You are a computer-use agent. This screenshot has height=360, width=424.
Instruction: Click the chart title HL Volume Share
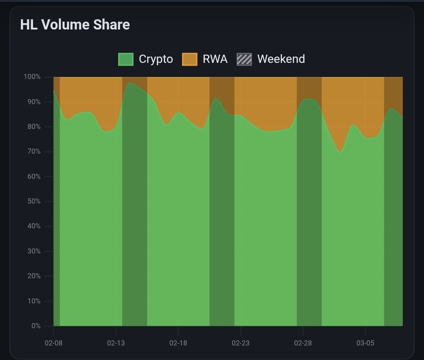(75, 25)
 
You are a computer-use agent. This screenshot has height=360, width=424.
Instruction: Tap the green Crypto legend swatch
(126, 59)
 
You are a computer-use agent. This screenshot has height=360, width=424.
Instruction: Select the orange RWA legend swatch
(190, 59)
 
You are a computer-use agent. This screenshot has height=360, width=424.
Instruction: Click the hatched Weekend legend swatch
(244, 59)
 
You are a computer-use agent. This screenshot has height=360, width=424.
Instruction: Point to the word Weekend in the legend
(281, 59)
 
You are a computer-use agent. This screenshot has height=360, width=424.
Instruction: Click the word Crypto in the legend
(156, 59)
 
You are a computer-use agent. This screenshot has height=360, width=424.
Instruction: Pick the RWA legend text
(215, 59)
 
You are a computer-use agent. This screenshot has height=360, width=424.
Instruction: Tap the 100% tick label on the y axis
(32, 77)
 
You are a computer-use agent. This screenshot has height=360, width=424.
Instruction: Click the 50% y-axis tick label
(33, 201)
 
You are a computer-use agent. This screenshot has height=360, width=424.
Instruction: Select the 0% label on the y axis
(36, 326)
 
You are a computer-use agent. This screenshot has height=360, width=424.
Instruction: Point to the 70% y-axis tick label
(33, 151)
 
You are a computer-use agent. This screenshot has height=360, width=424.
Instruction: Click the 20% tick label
(33, 276)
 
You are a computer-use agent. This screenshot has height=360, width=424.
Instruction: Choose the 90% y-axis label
(33, 102)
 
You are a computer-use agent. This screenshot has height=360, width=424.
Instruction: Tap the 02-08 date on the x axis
(53, 343)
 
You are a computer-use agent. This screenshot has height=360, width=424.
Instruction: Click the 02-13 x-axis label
(116, 343)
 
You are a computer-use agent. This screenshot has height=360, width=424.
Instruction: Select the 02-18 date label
(178, 343)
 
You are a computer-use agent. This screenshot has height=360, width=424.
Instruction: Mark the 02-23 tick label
(240, 343)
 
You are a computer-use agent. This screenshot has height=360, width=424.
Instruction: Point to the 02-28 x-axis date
(303, 343)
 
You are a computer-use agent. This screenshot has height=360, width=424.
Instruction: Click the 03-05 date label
(365, 343)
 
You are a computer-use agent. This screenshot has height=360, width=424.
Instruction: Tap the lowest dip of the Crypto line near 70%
(340, 152)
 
